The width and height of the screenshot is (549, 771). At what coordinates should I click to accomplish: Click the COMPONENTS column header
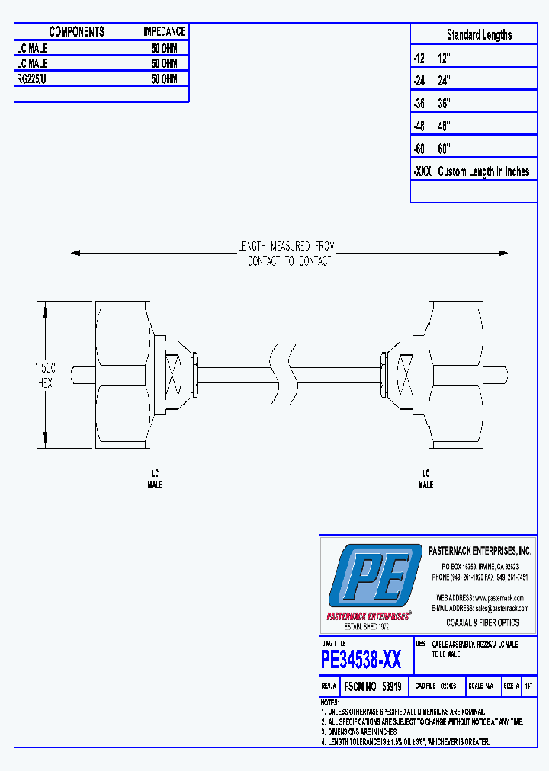tap(76, 31)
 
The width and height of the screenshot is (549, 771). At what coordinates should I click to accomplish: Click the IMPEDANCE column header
tap(164, 31)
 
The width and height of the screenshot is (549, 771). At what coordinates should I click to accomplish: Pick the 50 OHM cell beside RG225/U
tap(164, 78)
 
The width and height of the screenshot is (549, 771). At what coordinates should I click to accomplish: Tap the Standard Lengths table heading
tap(479, 34)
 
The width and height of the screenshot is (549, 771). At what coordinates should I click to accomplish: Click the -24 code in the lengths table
tap(419, 80)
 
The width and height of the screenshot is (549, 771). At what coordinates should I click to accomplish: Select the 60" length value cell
tap(445, 149)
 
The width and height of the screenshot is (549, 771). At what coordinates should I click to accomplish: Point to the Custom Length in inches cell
tap(483, 171)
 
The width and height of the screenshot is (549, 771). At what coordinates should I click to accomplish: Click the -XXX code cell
tap(422, 171)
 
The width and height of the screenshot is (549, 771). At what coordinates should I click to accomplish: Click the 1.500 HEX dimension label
tap(46, 376)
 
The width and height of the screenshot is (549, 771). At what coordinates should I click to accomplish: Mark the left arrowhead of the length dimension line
tap(75, 253)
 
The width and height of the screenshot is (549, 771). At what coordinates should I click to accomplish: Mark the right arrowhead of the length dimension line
tap(503, 253)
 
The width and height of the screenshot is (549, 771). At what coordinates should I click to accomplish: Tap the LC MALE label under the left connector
tap(155, 479)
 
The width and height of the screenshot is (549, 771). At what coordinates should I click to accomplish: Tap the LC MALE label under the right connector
tap(426, 479)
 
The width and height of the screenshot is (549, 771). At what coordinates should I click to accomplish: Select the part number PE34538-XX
tap(361, 659)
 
